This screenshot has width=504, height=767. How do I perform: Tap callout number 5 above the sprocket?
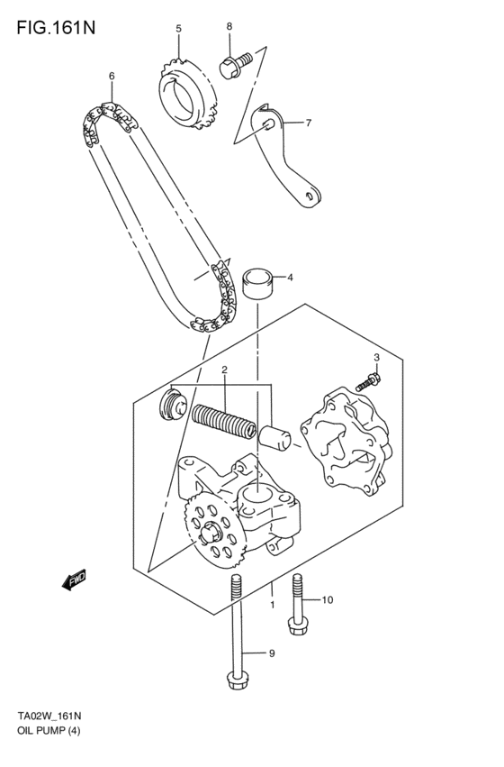pos(178,29)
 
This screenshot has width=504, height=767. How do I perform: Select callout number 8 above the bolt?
pos(229,26)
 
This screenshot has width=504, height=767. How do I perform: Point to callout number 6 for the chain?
pos(112,77)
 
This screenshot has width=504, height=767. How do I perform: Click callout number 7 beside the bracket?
pos(308,123)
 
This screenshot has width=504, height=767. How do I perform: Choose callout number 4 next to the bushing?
pos(290,278)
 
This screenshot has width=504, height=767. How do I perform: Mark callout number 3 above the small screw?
pos(376,358)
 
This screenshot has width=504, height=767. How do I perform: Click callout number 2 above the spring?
pos(224,370)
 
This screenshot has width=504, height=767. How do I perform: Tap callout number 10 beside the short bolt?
pos(327,599)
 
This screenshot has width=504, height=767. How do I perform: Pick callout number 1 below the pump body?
pos(272,605)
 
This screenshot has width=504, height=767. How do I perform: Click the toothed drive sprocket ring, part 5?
pos(186,93)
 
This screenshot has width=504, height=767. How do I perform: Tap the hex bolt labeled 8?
pos(229,64)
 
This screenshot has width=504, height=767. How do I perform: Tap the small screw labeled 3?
pos(365,382)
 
